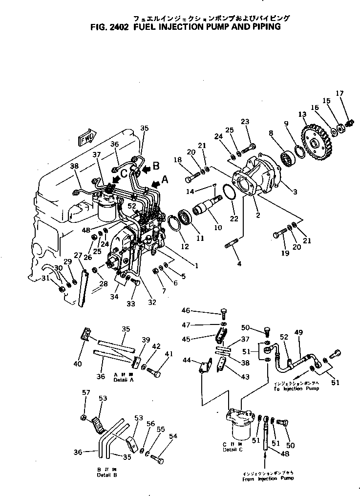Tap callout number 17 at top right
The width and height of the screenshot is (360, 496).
click(340, 93)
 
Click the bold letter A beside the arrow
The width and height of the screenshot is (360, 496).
click(165, 180)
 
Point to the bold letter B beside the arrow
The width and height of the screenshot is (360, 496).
click(156, 165)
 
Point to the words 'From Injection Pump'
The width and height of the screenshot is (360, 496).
click(268, 478)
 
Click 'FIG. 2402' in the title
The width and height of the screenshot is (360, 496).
click(108, 27)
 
